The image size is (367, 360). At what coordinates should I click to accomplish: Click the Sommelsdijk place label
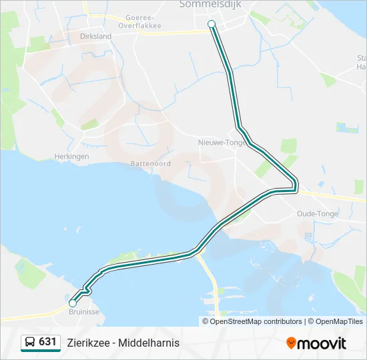pos(204,5)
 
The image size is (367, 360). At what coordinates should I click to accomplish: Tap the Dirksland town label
pos(95,37)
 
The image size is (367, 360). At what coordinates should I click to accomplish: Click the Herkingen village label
pos(71,156)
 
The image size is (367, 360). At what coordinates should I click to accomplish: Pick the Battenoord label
pos(150,163)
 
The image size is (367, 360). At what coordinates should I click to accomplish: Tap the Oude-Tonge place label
pos(317,214)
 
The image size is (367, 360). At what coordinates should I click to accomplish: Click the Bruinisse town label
pos(83,310)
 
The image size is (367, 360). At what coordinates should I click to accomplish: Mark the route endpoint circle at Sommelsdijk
pos(212,24)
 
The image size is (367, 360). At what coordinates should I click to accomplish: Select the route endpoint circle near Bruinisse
pos(73,303)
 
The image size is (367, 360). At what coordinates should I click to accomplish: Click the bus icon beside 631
pos(30,343)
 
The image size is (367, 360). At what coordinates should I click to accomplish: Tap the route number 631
pos(48,342)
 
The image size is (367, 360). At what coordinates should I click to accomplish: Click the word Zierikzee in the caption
pos(88,343)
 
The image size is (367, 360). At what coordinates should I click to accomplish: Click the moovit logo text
pos(322,343)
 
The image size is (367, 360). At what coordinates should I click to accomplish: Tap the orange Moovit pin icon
pos(291,343)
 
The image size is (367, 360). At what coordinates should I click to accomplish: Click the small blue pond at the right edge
pos(347,127)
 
